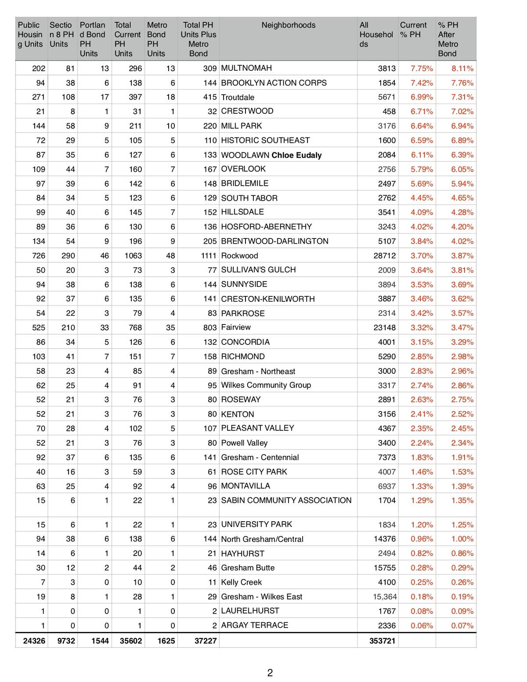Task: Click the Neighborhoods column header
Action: click(x=288, y=25)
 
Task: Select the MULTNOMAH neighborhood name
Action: click(x=246, y=68)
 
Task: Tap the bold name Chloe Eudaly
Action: click(x=296, y=155)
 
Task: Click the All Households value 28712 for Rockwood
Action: click(x=384, y=256)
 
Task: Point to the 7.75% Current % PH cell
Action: click(x=422, y=69)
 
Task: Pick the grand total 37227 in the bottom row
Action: click(x=205, y=641)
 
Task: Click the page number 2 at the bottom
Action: click(x=270, y=673)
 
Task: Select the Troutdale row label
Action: click(x=238, y=97)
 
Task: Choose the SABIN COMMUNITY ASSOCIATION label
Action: click(x=286, y=500)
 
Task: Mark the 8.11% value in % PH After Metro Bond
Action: click(x=462, y=69)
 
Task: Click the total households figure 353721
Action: click(x=382, y=641)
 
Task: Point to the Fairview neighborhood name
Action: click(x=236, y=327)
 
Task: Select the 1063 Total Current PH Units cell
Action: click(x=133, y=256)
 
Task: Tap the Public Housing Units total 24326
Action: click(x=34, y=641)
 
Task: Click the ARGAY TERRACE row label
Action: click(x=255, y=625)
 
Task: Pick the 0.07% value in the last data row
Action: click(x=462, y=626)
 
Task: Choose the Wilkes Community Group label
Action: click(x=266, y=385)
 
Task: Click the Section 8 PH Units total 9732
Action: click(x=66, y=641)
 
